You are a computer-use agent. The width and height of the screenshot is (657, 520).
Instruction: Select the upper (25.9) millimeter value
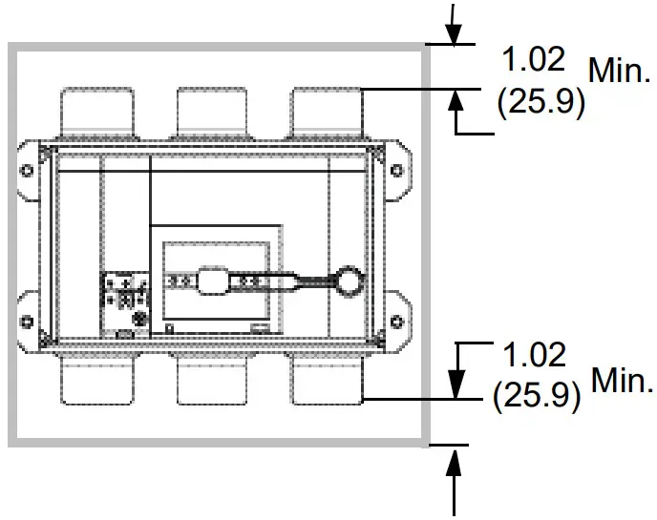coord(540,101)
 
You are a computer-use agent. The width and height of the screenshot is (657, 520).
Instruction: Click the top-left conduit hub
coord(95,115)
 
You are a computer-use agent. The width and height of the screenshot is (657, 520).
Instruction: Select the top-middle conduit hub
coord(211,115)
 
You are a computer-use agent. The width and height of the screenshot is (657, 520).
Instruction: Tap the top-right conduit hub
coord(326,115)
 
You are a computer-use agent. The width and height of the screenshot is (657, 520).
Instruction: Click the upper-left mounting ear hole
coord(26,171)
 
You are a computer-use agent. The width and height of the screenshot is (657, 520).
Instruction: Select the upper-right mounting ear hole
coord(395,172)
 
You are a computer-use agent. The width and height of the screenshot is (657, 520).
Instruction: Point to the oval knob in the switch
coord(212,281)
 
